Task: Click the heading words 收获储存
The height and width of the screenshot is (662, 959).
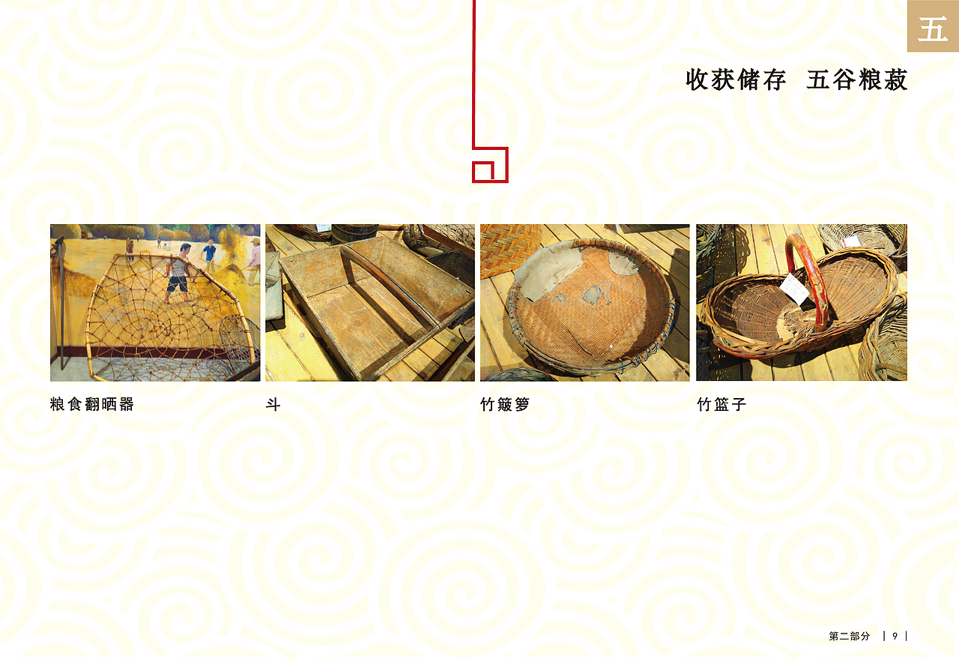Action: [735, 79]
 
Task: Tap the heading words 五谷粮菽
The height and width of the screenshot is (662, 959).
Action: [857, 79]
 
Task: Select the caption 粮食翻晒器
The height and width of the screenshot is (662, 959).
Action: [92, 405]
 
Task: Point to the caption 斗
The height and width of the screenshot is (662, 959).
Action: [273, 405]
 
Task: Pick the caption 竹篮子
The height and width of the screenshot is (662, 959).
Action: [721, 405]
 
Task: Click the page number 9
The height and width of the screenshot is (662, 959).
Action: [895, 636]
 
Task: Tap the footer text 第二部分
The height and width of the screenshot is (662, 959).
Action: [850, 636]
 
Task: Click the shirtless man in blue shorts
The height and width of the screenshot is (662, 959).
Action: [178, 271]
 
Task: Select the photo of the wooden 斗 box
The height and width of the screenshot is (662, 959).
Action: [370, 302]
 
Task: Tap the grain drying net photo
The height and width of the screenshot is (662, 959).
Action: [155, 302]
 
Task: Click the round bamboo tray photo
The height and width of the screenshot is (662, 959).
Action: [584, 302]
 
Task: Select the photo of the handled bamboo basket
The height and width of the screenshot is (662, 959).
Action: [802, 302]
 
